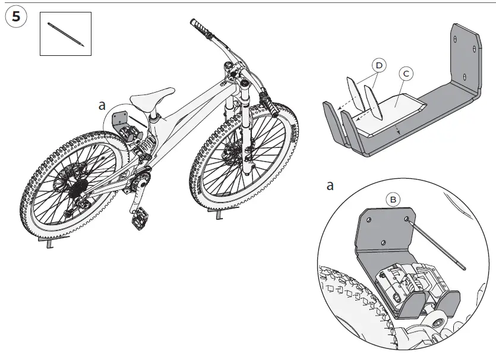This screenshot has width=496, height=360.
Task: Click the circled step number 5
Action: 16,17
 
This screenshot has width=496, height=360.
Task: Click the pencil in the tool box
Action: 65,34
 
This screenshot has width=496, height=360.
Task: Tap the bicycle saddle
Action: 152,97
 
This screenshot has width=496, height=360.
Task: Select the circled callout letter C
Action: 406,74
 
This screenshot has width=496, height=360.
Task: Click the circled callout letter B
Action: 393,199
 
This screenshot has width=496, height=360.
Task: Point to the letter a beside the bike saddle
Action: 102,106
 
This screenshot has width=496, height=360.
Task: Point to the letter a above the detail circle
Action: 330,186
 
